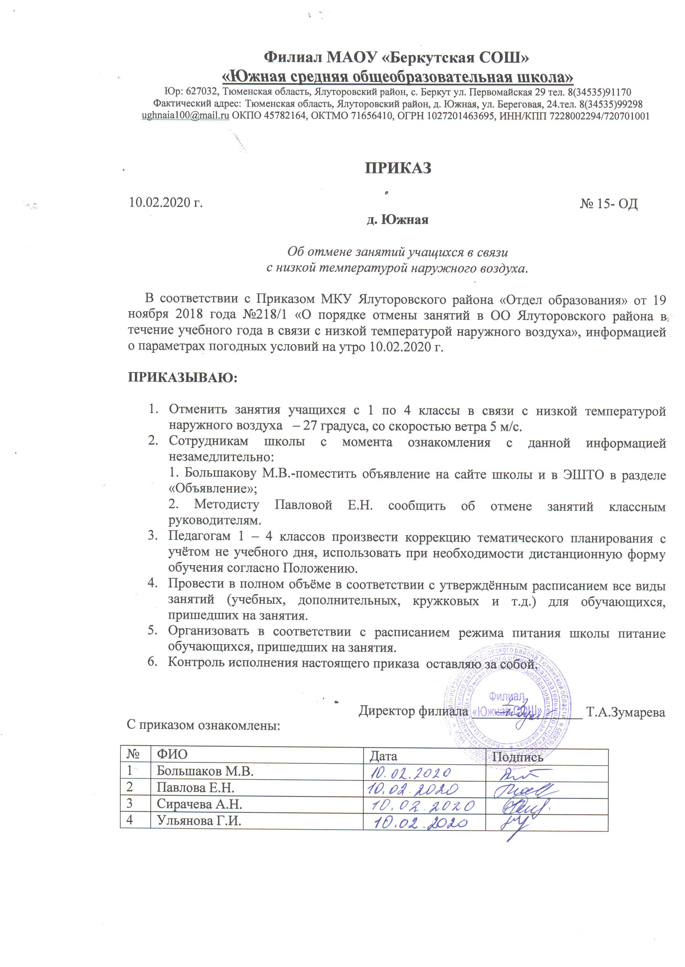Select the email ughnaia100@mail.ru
(x=186, y=116)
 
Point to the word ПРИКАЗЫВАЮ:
(x=183, y=377)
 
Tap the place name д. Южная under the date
(x=397, y=220)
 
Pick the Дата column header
(x=383, y=756)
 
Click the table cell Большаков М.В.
(x=205, y=771)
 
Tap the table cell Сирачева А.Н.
(x=199, y=804)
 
